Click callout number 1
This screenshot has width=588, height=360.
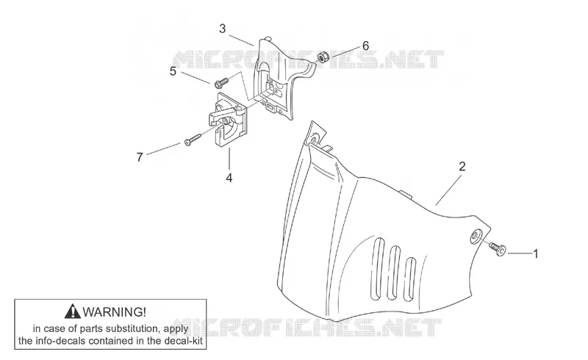click(x=536, y=254)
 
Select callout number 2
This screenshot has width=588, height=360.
click(x=462, y=166)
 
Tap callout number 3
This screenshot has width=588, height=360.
click(x=223, y=29)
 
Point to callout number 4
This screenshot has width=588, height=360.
click(x=229, y=178)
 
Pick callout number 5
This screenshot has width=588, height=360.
click(x=173, y=71)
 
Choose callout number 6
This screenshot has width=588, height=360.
click(x=365, y=46)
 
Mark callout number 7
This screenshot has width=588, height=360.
click(x=140, y=157)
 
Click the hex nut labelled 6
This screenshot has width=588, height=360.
click(x=323, y=57)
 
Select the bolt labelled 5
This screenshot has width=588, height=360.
click(x=221, y=82)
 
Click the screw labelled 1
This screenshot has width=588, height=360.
click(x=498, y=248)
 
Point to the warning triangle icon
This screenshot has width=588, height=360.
click(x=72, y=312)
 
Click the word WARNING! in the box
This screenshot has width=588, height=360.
click(x=115, y=312)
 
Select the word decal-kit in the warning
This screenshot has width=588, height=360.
click(x=184, y=341)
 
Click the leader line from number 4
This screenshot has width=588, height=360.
click(x=229, y=159)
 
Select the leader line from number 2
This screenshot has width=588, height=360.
click(x=448, y=191)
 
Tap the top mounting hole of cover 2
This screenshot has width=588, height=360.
click(x=314, y=140)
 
